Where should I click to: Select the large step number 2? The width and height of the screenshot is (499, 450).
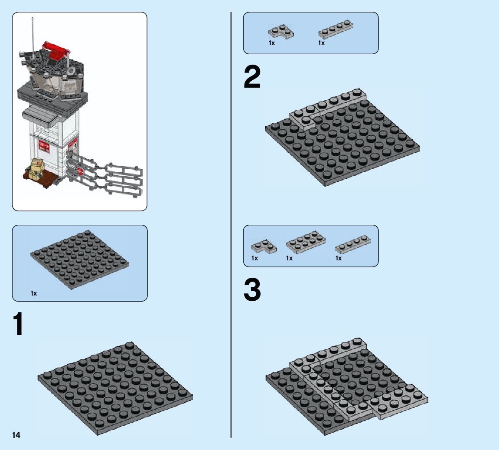point(252,78)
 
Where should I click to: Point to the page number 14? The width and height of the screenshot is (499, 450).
point(16,435)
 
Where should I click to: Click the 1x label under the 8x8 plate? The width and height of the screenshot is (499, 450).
point(34,294)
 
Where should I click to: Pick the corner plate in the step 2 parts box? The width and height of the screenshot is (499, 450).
point(280,31)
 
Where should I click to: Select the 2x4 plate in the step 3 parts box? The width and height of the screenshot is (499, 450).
point(306,242)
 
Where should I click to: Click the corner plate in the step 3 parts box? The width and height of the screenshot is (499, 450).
point(264,246)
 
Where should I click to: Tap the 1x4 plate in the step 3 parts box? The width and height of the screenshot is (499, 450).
point(352,244)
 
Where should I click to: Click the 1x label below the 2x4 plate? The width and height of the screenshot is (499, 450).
point(289,259)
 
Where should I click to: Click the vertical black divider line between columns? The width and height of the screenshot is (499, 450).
point(231,217)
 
